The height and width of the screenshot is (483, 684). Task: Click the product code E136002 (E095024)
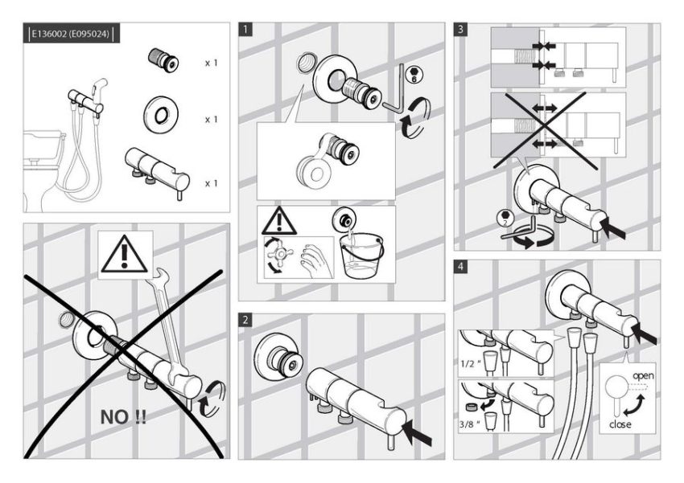pyautogui.click(x=70, y=34)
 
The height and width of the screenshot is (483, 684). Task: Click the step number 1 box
pyautogui.click(x=246, y=30)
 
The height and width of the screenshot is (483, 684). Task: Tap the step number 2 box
pyautogui.click(x=246, y=321)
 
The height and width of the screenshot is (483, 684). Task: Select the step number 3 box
pyautogui.click(x=460, y=30)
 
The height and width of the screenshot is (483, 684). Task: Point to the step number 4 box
pyautogui.click(x=460, y=266)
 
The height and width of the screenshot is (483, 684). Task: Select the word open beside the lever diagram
pyautogui.click(x=642, y=376)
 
